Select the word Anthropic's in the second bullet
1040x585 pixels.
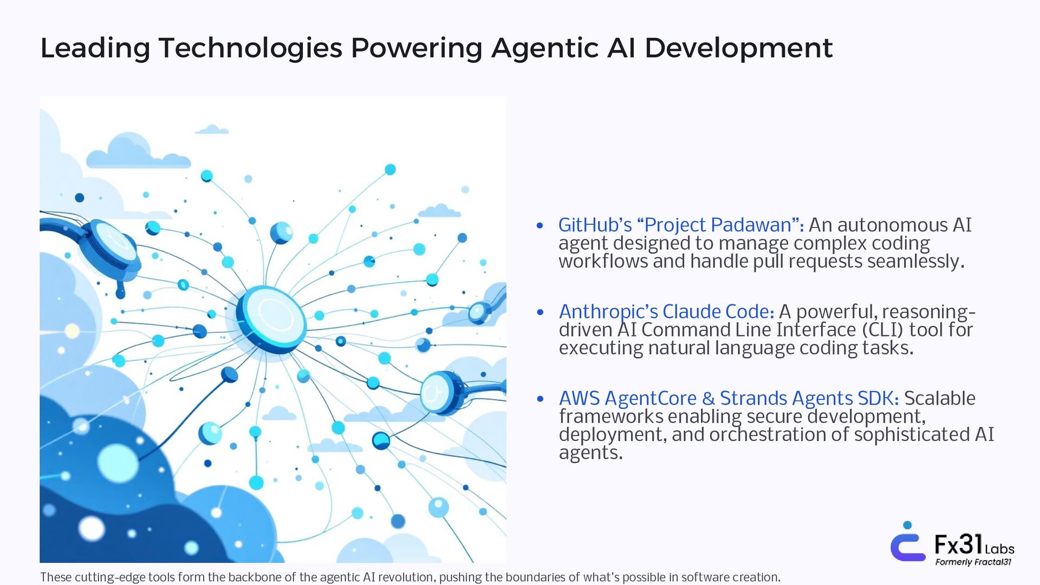pyautogui.click(x=608, y=312)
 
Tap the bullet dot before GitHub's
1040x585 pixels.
pyautogui.click(x=539, y=226)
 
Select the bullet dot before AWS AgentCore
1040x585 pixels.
pyautogui.click(x=539, y=399)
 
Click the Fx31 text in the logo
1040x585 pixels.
pyautogui.click(x=958, y=544)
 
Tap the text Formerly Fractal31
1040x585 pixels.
pyautogui.click(x=973, y=562)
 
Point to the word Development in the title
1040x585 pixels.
pyautogui.click(x=738, y=48)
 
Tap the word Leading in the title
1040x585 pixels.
pyautogui.click(x=95, y=48)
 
